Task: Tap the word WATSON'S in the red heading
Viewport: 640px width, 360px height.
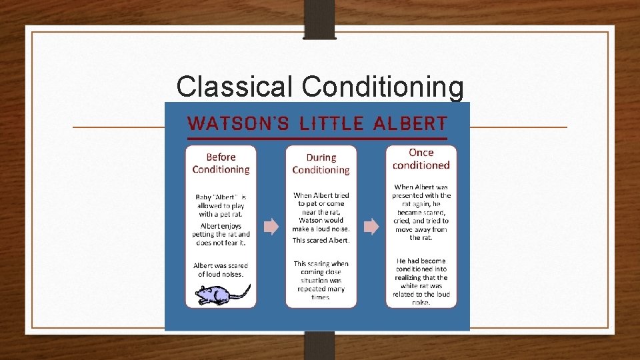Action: tap(239, 123)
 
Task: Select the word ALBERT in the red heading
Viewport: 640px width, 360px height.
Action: tap(411, 123)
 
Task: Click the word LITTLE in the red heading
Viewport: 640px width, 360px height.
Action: tap(332, 123)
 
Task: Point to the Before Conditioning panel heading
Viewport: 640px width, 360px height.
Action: tap(221, 163)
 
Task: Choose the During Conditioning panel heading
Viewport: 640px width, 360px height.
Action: tap(321, 164)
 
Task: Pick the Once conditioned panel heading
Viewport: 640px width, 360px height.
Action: tap(421, 159)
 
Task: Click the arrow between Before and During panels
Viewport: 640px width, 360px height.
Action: tap(271, 227)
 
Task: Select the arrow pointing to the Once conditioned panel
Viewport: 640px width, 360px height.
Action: tap(371, 227)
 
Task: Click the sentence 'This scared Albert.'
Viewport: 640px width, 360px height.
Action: tap(321, 240)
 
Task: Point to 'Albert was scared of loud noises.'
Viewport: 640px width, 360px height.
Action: tap(221, 269)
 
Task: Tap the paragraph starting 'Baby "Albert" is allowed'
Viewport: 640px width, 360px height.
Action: tap(221, 205)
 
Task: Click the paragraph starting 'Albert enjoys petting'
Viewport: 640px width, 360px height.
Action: tap(221, 234)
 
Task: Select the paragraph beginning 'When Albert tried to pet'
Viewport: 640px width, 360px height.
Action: tap(321, 212)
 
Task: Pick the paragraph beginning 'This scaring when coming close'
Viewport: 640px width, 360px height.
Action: tap(321, 280)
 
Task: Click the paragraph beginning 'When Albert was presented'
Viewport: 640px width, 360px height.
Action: tap(421, 212)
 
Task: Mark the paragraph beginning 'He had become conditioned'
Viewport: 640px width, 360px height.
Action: tap(421, 281)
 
